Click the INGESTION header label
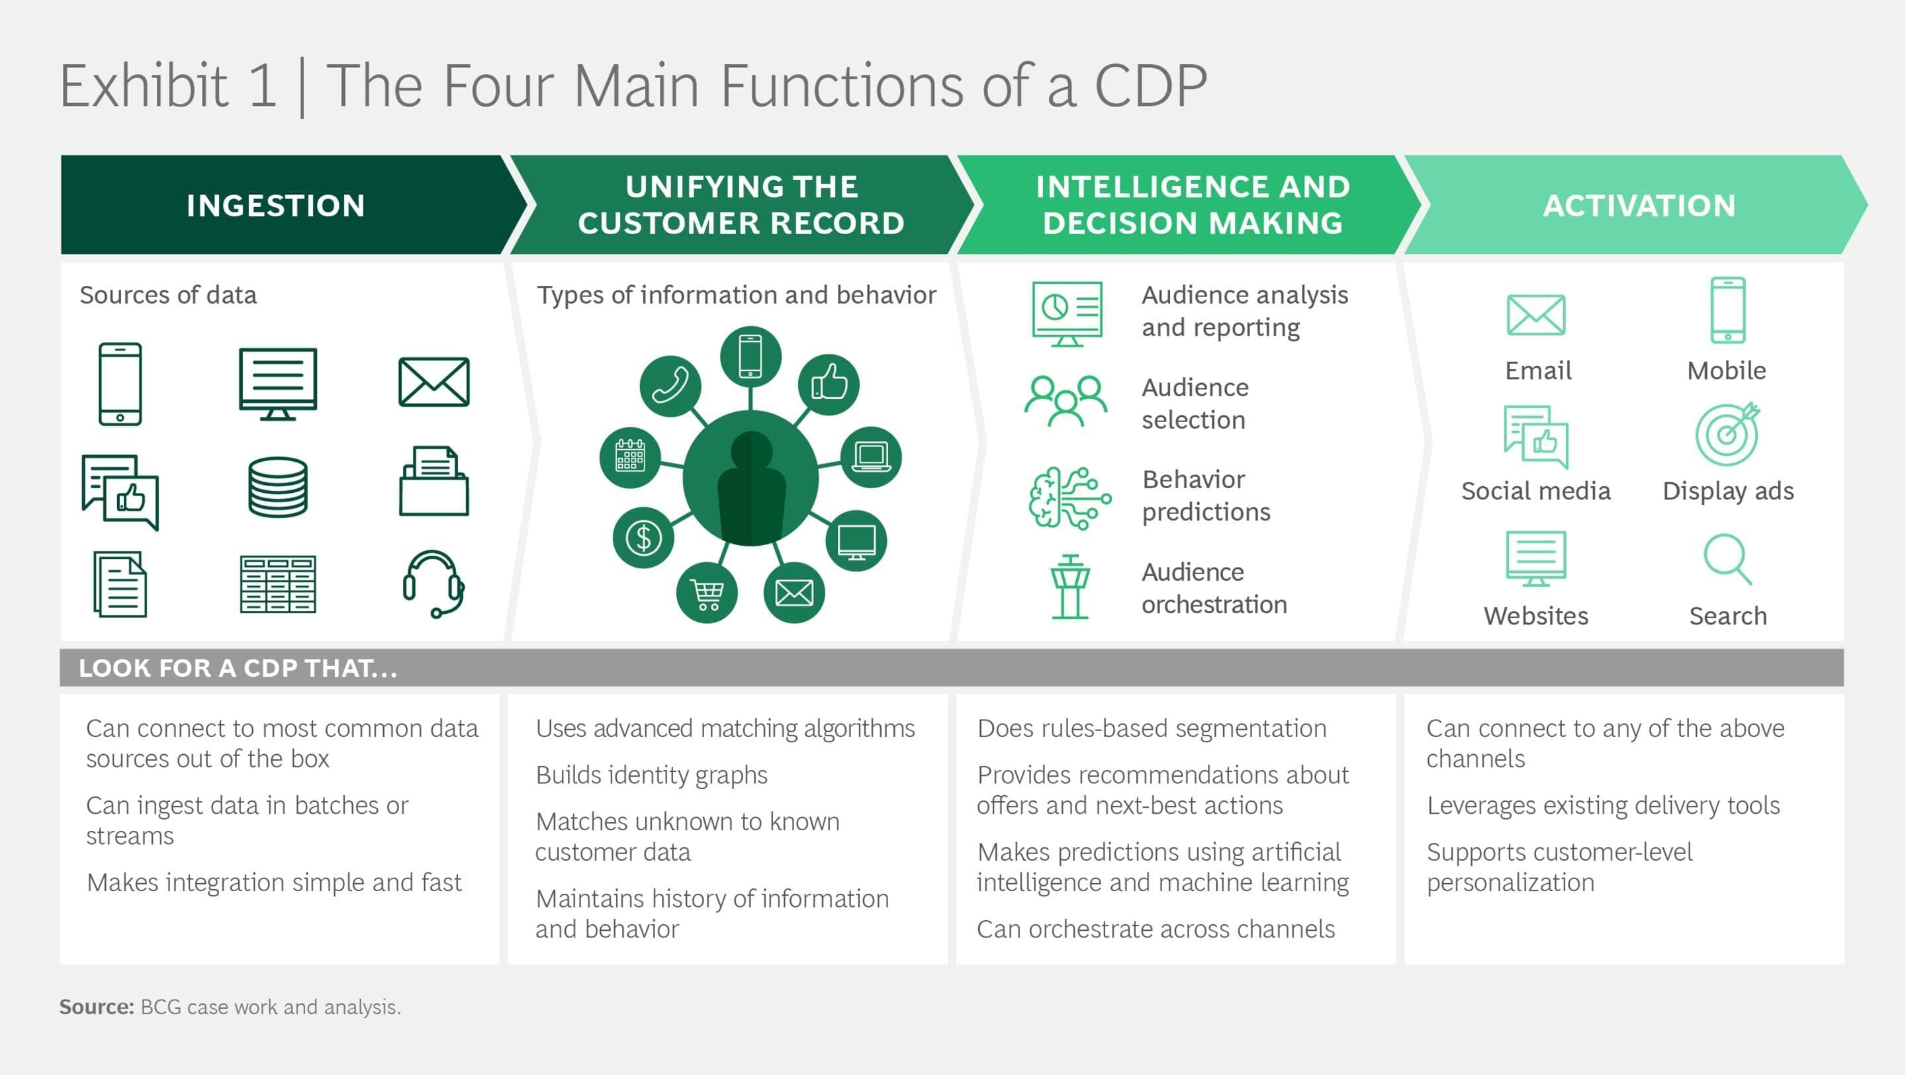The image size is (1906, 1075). pos(276,206)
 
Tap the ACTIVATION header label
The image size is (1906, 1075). pos(1639,206)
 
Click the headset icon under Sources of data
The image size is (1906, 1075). pos(433,583)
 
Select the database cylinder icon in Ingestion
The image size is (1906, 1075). pos(277,486)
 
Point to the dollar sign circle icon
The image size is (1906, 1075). pos(643,538)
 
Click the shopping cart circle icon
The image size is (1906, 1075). pos(707,593)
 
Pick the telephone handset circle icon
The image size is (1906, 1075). pos(670,386)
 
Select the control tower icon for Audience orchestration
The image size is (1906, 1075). pos(1070,587)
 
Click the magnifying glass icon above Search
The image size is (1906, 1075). pos(1727,559)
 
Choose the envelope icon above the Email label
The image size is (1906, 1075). pos(1536,314)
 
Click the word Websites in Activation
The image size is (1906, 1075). pos(1536,615)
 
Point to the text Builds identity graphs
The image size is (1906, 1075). pos(651,775)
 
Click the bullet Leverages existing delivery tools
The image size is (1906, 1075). pos(1603,805)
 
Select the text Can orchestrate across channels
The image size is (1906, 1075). pos(1156,929)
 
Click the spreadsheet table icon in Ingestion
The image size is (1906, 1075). pos(277,585)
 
